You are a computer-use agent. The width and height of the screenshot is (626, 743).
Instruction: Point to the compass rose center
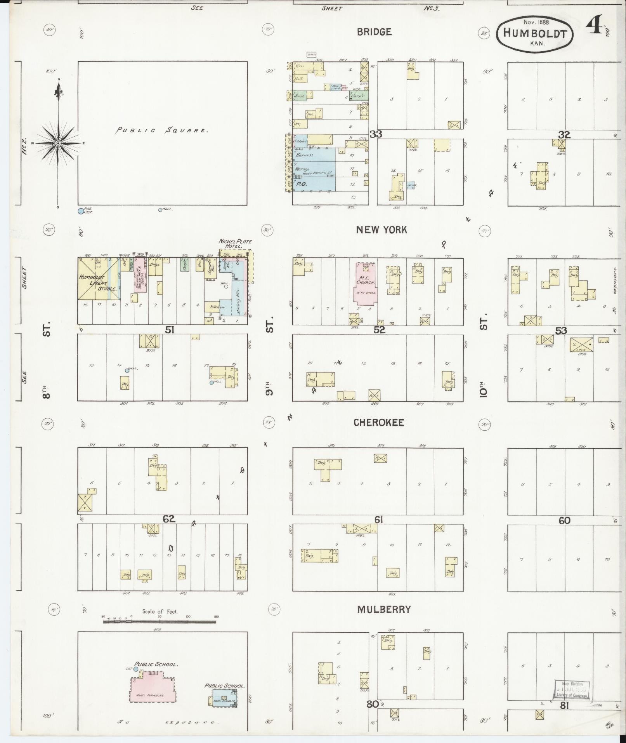[58, 143]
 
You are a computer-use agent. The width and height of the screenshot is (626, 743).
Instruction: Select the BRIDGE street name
[374, 32]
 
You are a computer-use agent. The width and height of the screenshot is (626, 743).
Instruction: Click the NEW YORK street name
[381, 230]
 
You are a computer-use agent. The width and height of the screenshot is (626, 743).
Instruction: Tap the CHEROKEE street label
[378, 423]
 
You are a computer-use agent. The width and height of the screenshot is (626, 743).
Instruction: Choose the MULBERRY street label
[383, 610]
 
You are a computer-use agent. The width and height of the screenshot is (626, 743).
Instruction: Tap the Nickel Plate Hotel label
[235, 244]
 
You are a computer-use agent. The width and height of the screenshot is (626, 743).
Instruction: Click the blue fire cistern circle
[81, 211]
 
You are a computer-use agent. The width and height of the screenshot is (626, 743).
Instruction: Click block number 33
[375, 134]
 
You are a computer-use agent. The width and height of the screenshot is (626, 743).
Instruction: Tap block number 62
[169, 518]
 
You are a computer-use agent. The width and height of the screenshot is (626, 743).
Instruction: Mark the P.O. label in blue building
[302, 184]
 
